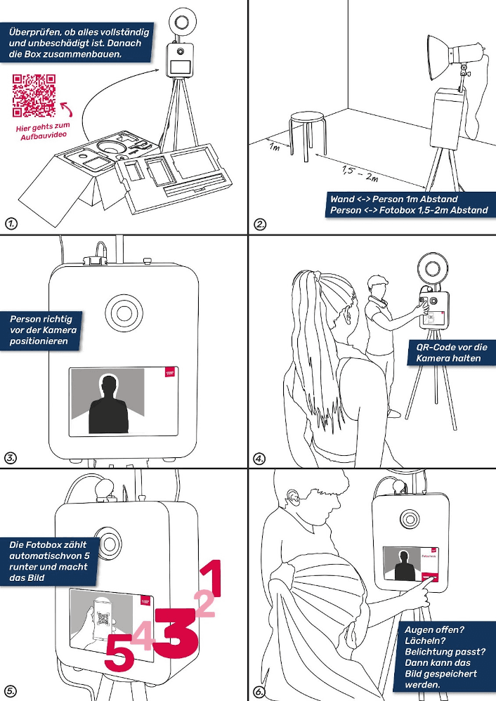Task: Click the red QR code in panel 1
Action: [x=34, y=96]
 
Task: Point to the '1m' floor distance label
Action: [x=275, y=148]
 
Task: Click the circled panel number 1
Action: [x=11, y=224]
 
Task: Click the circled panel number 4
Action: [x=260, y=459]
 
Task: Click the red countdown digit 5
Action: [x=118, y=657]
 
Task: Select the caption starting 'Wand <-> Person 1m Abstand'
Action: [x=408, y=204]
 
